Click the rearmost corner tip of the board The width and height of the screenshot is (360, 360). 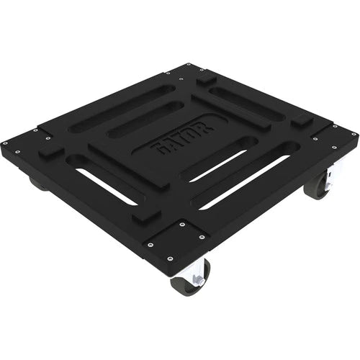coord(189,63)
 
